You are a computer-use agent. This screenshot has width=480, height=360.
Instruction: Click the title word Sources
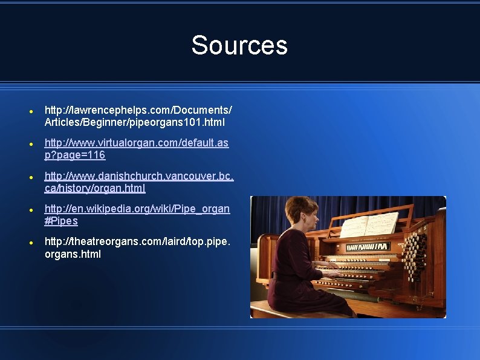(239, 45)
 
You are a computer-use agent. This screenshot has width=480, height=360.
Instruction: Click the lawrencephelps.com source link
(138, 116)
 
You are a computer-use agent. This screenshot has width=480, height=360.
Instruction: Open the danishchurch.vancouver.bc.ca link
(139, 182)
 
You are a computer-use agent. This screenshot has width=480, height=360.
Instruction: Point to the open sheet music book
(369, 224)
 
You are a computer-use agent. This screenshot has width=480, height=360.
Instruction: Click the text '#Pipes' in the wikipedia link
(61, 221)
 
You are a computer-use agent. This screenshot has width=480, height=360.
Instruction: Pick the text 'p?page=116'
(75, 155)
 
